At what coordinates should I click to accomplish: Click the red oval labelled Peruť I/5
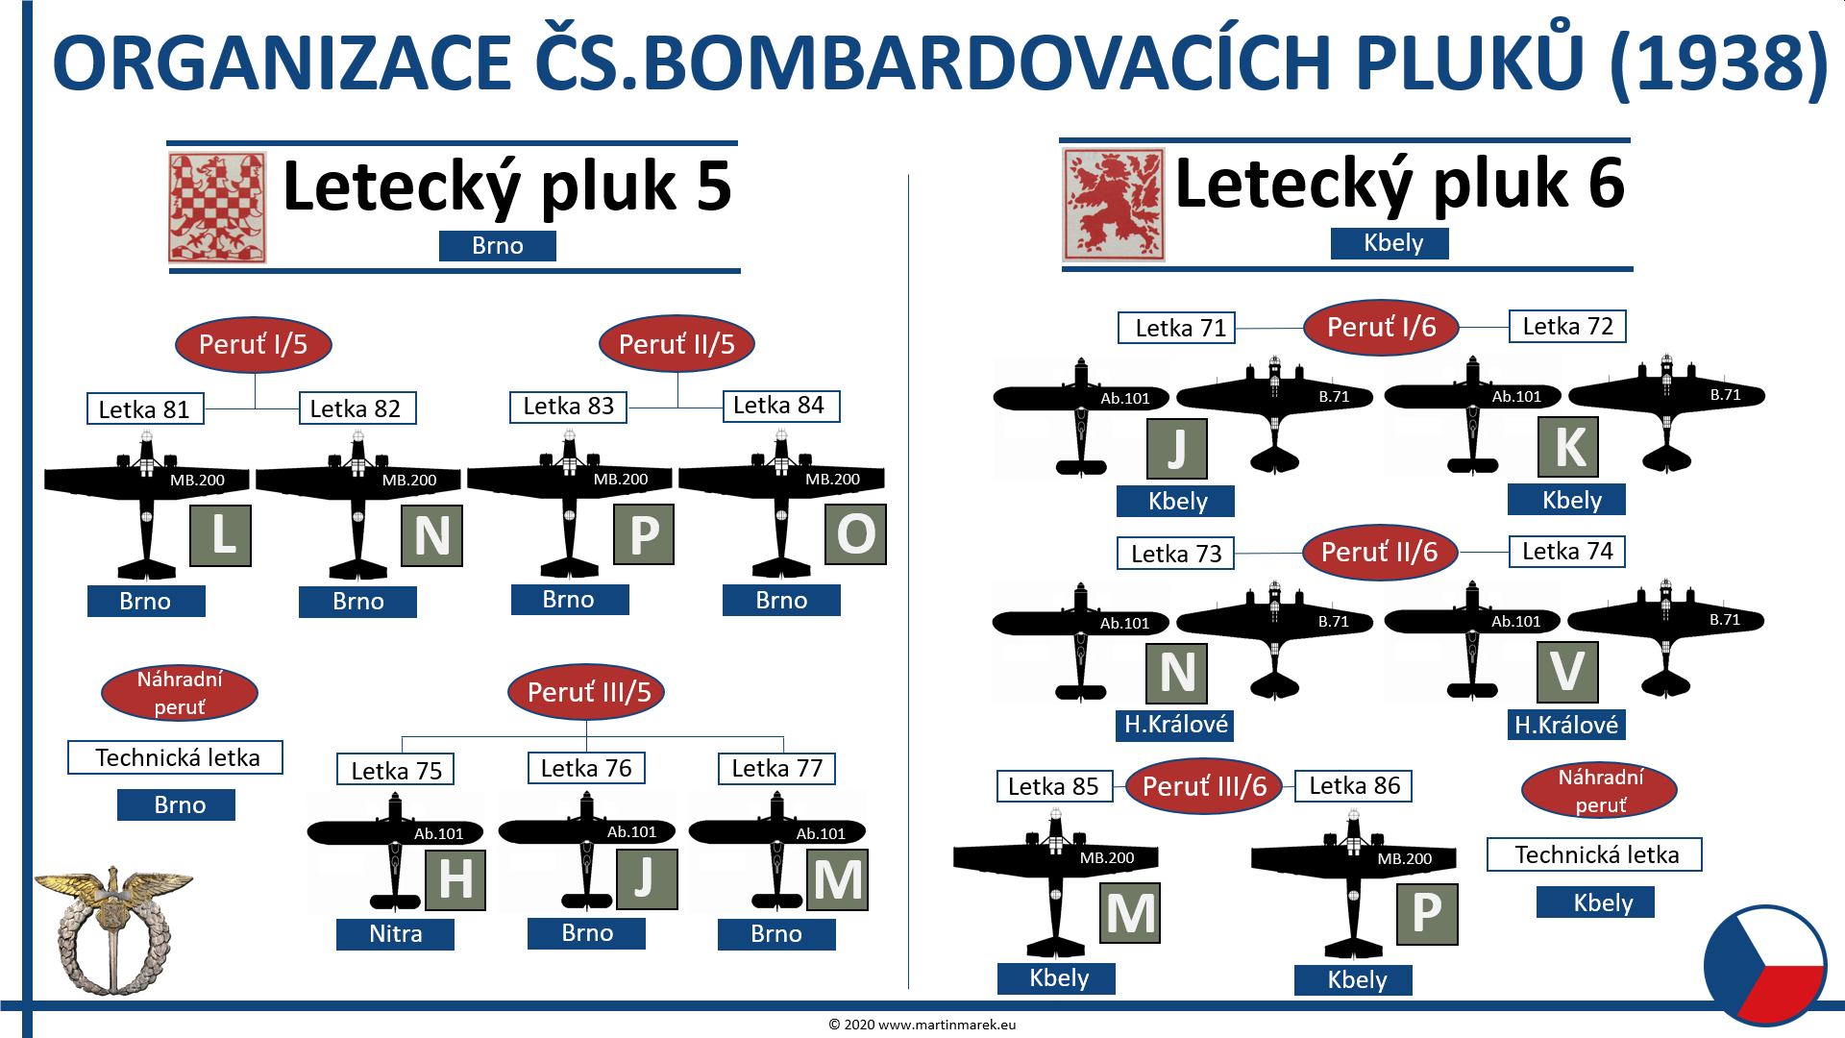coord(253,344)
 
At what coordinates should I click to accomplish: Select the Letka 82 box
coord(357,408)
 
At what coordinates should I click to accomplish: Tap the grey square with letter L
coord(221,535)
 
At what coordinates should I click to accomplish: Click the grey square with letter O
coord(855,533)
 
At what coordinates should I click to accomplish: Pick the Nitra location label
coord(395,934)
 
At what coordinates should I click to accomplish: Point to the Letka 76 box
coord(586,768)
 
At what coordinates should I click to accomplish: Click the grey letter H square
coord(455,879)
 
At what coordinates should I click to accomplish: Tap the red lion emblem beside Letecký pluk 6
coord(1113,205)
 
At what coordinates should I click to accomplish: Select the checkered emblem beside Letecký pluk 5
coord(217,208)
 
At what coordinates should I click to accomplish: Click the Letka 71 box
coord(1176,328)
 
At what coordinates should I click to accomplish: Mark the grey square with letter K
coord(1568,447)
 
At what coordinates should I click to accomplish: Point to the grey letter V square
coord(1567,672)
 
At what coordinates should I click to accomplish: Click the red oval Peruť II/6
coord(1379,552)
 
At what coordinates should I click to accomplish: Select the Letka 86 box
coord(1353,786)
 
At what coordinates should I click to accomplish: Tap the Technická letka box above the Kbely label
coord(1594,854)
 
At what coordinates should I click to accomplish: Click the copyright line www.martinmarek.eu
coord(922,1025)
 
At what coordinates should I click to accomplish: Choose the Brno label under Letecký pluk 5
coord(497,246)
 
